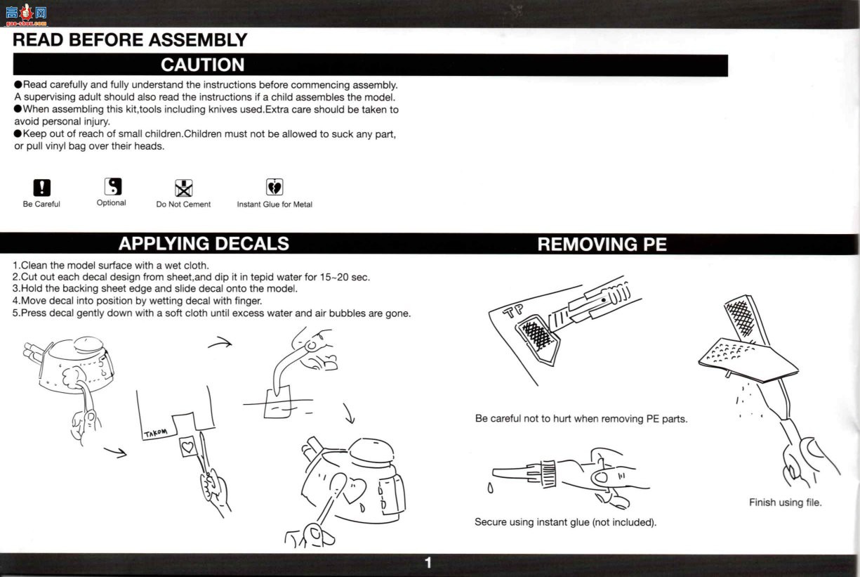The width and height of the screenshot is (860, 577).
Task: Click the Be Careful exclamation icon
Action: coord(42,188)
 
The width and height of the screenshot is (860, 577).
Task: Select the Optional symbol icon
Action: coord(113,186)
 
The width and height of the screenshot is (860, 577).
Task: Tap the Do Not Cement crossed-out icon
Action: coord(183,188)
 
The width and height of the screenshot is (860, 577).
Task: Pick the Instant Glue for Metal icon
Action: coord(274,187)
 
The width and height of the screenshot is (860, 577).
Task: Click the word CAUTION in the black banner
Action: coord(202,65)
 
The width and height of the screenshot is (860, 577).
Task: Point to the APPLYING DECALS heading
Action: coord(204,243)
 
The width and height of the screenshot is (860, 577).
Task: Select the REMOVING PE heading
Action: coord(602,244)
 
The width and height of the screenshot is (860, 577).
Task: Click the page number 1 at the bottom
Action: coord(428,563)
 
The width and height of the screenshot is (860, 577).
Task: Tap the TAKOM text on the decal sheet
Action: coord(155,433)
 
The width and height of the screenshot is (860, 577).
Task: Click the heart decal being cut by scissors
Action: coord(187,447)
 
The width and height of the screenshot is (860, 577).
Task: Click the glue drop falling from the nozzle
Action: coord(490,488)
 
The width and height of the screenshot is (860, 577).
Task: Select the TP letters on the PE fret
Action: coord(513,311)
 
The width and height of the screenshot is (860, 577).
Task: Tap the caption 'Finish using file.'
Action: coord(785,503)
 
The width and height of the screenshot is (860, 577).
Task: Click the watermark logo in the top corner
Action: coord(26,15)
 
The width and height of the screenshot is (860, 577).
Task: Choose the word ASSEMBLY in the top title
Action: coord(198,40)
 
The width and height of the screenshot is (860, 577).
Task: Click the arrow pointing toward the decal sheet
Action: coord(115,453)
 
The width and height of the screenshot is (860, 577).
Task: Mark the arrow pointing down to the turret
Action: coord(348,414)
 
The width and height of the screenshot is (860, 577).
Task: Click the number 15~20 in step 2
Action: coord(334,277)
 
